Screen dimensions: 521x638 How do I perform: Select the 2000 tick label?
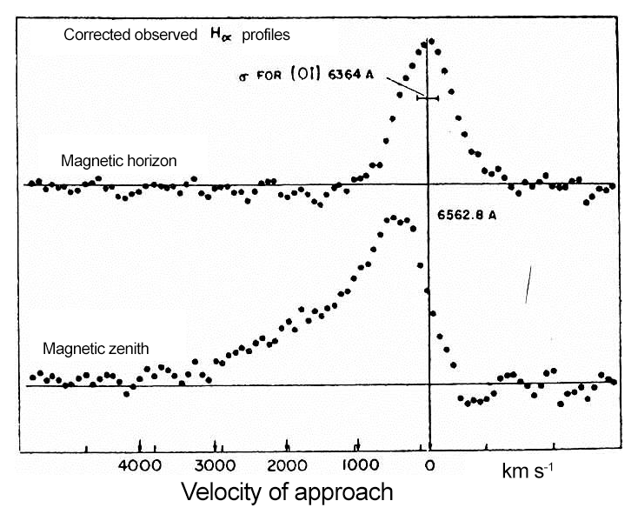point(287,466)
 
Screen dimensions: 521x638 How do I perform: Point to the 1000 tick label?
point(358,466)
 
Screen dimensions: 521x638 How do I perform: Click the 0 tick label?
point(429,466)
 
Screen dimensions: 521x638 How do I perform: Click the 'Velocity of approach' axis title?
point(287,492)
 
